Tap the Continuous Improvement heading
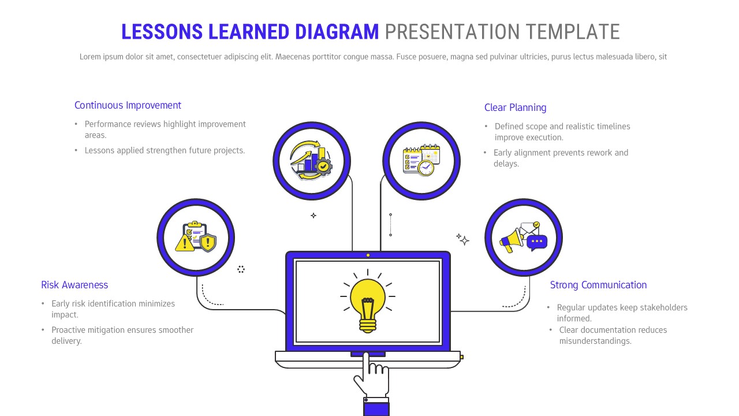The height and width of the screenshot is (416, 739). point(128,105)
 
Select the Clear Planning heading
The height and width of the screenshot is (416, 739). point(515,107)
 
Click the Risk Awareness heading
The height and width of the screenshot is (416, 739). point(74,285)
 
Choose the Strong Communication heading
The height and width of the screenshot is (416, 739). point(598,285)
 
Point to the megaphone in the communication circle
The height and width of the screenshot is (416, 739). point(510,240)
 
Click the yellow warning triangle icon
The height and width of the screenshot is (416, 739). point(185,242)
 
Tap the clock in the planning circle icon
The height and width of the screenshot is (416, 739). point(426,168)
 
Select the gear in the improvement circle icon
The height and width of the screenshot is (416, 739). point(324,166)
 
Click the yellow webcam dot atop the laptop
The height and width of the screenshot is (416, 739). point(368,255)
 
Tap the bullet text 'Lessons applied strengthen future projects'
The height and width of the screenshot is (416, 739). point(165,150)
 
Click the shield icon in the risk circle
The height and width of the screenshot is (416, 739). point(207,242)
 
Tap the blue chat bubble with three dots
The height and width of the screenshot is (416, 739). point(536,242)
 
